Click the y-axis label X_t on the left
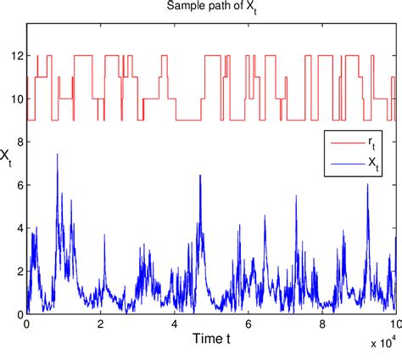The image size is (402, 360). (7, 156)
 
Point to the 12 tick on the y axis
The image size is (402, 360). (17, 56)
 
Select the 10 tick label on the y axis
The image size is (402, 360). (17, 99)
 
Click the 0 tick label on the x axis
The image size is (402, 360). (27, 324)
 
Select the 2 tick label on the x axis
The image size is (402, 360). (101, 324)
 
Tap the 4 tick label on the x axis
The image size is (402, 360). (175, 324)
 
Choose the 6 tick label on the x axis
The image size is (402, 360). (248, 324)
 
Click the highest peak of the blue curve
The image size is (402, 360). (57, 154)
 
